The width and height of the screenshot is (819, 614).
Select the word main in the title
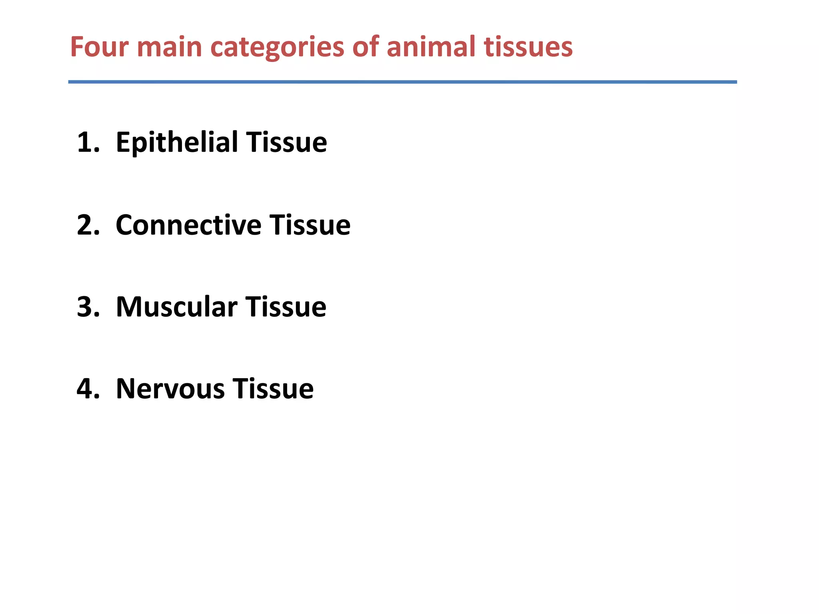[170, 47]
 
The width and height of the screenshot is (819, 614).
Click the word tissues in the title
[528, 47]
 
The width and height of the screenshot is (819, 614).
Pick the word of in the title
[366, 47]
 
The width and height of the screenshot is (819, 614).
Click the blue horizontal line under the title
[402, 82]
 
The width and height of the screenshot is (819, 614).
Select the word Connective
[188, 225]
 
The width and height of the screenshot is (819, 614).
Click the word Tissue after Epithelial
[286, 142]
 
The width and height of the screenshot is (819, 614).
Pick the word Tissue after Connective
[310, 225]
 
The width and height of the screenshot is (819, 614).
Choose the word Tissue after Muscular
[286, 307]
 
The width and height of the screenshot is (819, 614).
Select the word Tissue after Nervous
[273, 389]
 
